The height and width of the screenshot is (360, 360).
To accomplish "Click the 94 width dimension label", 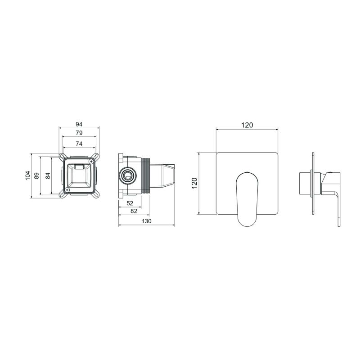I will click(79, 124).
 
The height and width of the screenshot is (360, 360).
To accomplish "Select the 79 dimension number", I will click(79, 133).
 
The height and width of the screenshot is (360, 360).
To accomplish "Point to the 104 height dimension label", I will click(27, 175).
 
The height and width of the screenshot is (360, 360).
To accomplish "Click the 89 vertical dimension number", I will click(37, 175).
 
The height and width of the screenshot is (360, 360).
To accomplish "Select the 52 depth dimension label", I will click(130, 203).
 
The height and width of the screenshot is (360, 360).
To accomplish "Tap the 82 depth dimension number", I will click(134, 211).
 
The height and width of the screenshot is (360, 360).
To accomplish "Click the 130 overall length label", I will click(147, 221).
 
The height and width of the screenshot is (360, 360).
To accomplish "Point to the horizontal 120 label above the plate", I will click(247, 125).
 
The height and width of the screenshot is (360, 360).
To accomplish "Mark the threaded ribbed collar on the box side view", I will click(146, 175).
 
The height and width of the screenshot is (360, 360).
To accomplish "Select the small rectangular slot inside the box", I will click(80, 167).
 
